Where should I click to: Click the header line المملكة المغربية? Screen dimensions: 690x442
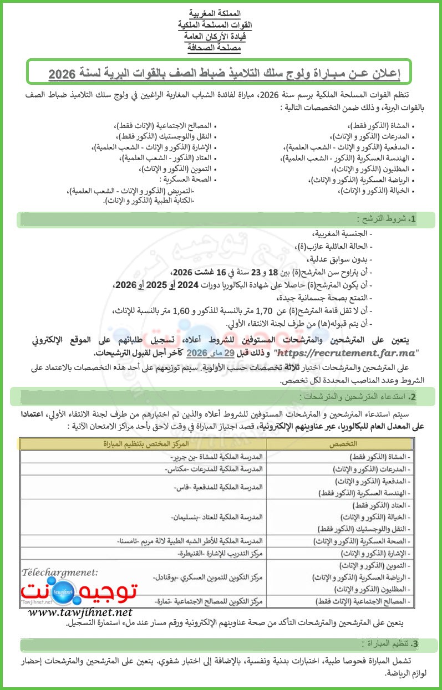(x=215, y=13)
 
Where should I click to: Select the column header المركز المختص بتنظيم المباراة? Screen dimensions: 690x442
(x=142, y=444)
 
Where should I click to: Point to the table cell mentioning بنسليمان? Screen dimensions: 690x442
(x=216, y=516)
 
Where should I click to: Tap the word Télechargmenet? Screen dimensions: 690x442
(x=60, y=571)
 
